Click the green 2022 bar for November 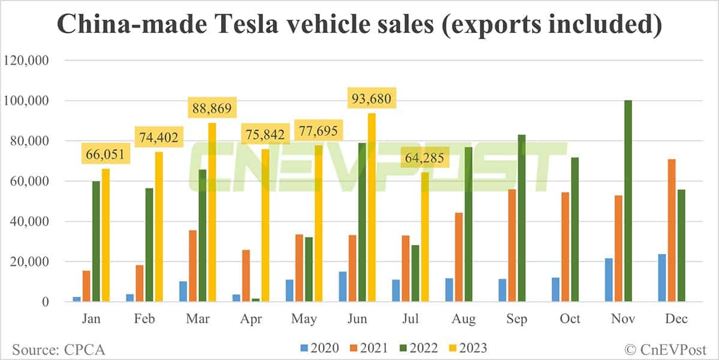coord(628,201)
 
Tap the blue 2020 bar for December coord(661,278)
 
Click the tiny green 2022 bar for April coord(255,300)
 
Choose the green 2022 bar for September coord(521,218)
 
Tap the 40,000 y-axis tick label coord(29,222)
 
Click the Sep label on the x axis coord(516,319)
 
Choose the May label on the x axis coord(303,319)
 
